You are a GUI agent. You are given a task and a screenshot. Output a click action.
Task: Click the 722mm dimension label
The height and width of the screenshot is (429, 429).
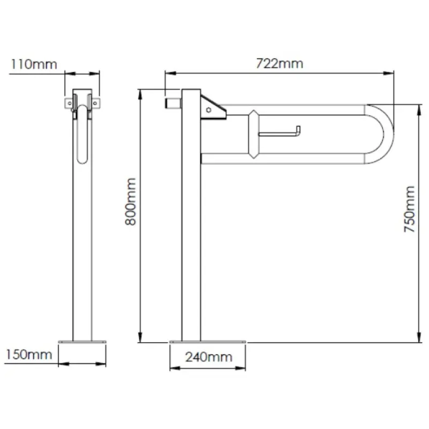(x=279, y=63)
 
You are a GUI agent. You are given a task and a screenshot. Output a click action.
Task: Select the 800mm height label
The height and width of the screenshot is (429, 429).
(x=130, y=202)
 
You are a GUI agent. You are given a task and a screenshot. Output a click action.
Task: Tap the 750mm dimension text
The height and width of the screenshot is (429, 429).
(x=410, y=209)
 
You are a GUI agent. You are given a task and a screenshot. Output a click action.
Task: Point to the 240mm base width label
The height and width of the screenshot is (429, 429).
(x=209, y=357)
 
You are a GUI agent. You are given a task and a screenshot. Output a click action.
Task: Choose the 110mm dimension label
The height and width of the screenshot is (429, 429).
(x=34, y=64)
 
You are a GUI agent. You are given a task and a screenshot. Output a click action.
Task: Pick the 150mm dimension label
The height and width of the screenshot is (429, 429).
(x=29, y=354)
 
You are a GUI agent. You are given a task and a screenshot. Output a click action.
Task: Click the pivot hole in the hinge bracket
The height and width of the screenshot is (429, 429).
(x=209, y=110)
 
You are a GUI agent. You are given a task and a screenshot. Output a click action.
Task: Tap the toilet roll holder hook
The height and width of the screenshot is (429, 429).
(x=279, y=131)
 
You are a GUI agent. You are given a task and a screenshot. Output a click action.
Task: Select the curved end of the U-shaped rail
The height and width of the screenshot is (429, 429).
(x=388, y=134)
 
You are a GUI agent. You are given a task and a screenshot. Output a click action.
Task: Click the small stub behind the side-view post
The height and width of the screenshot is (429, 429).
(x=173, y=103)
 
